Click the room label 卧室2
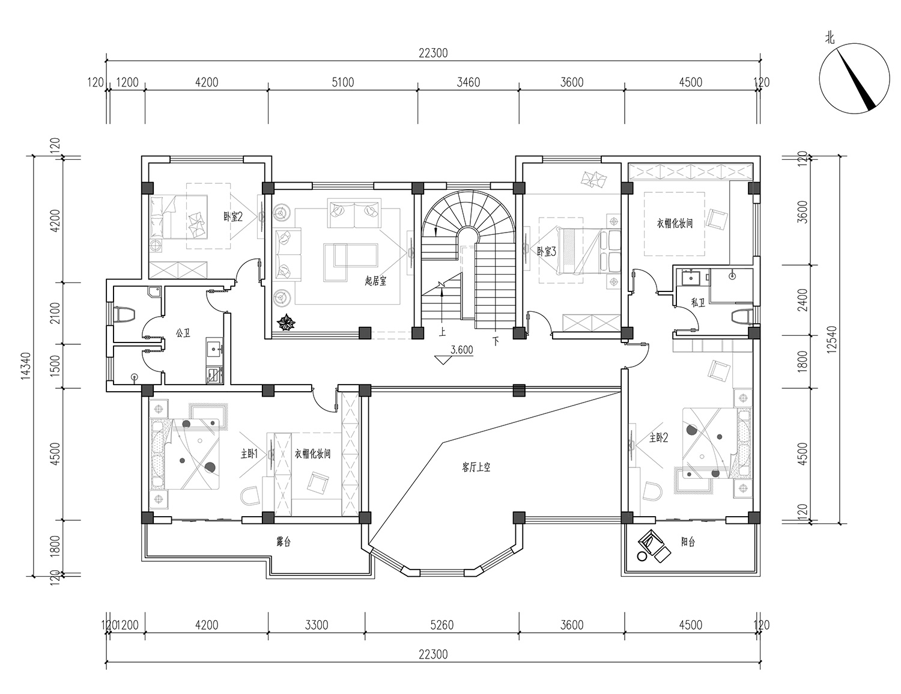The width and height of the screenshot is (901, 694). [x=232, y=216]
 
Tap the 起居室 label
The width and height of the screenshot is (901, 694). [x=375, y=281]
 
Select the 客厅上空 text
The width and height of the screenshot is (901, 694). [x=476, y=467]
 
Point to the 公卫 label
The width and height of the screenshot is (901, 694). [x=183, y=332]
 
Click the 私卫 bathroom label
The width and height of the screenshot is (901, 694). [x=698, y=303]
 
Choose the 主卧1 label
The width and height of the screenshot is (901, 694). [x=249, y=454]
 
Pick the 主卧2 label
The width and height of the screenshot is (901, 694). [x=658, y=437]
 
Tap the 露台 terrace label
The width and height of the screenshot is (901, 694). [x=284, y=541]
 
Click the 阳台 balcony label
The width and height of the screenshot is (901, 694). [x=688, y=541]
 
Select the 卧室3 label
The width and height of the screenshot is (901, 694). [x=546, y=251]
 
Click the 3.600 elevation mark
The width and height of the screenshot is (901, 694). [x=462, y=350]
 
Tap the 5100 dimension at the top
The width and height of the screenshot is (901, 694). [x=343, y=82]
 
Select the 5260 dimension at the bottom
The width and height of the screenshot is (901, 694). [x=442, y=625]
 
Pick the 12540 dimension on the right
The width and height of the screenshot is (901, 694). [x=831, y=339]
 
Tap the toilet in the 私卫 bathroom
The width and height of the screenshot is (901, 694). [x=742, y=317]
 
